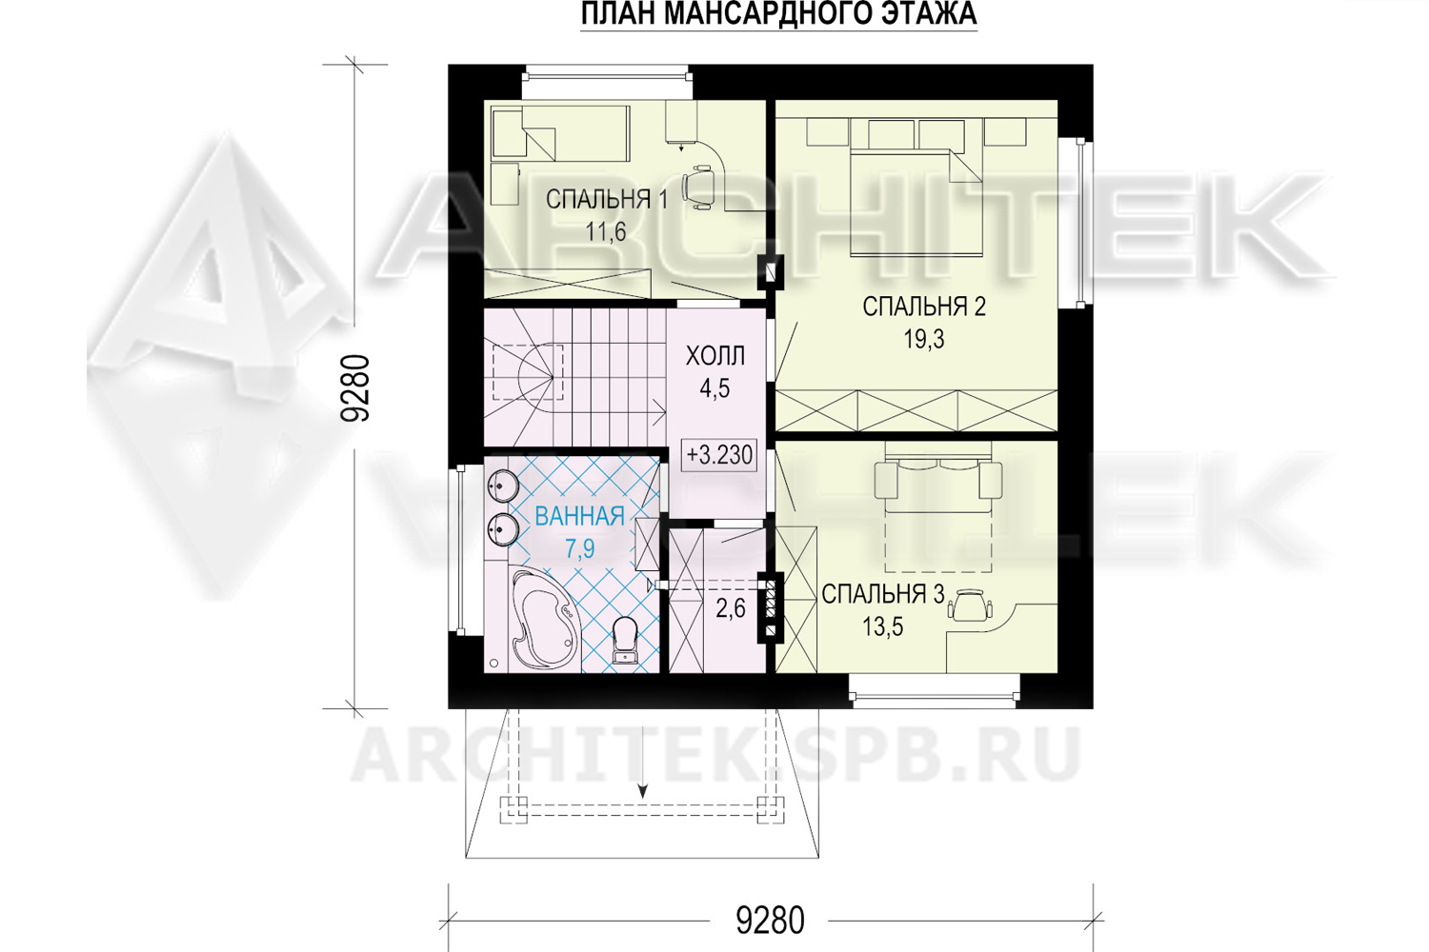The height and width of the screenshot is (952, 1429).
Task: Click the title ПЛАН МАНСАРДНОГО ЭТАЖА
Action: [779, 14]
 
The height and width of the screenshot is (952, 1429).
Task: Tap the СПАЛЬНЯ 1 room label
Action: [607, 200]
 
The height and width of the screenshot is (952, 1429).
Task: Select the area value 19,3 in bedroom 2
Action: [923, 339]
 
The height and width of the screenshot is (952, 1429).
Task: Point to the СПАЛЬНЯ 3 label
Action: [882, 594]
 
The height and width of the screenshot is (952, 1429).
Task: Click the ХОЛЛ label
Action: [715, 356]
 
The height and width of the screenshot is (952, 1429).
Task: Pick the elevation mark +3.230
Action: [719, 455]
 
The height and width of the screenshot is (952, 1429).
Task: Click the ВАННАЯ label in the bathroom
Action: [579, 517]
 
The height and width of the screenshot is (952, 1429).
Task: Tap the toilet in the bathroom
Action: [623, 640]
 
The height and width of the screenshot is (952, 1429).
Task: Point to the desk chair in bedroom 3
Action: [970, 605]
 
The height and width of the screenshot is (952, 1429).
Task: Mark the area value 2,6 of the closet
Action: [731, 609]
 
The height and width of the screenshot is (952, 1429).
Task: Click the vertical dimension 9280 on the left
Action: [355, 387]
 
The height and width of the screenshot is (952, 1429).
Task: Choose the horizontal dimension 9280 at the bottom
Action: [770, 921]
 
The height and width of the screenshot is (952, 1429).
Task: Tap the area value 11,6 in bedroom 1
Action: [606, 232]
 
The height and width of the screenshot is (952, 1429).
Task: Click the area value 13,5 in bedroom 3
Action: [882, 626]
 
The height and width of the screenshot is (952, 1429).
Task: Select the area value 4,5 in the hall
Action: [714, 389]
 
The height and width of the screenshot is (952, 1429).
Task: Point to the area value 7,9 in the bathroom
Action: [579, 548]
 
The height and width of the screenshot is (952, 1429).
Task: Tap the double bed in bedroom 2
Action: [916, 203]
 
